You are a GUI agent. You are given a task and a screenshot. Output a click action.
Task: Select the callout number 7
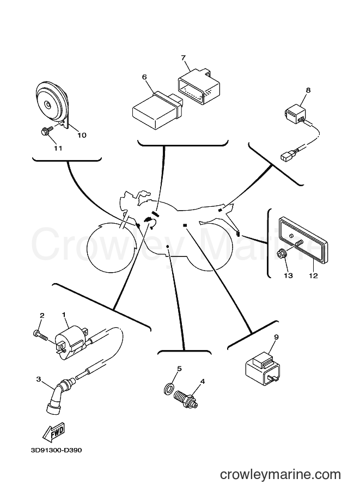click(x=184, y=58)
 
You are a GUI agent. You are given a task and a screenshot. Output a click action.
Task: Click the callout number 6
click(x=145, y=77)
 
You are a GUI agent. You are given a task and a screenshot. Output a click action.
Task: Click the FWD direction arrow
click(x=54, y=432)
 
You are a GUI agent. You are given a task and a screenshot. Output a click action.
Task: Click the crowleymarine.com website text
click(x=280, y=475)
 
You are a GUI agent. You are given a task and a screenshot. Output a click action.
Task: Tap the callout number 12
click(x=313, y=276)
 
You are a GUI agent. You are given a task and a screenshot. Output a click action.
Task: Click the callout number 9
click(x=276, y=338)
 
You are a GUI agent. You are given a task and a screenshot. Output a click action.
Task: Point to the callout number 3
click(x=38, y=379)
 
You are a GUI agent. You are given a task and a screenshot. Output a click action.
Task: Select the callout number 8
click(x=308, y=90)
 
